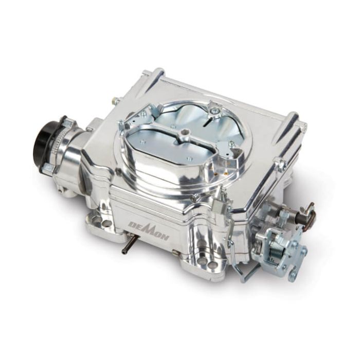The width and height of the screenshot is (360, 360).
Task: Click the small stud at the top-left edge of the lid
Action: [116, 101]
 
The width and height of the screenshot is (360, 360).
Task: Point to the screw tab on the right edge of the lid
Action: [281, 164]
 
